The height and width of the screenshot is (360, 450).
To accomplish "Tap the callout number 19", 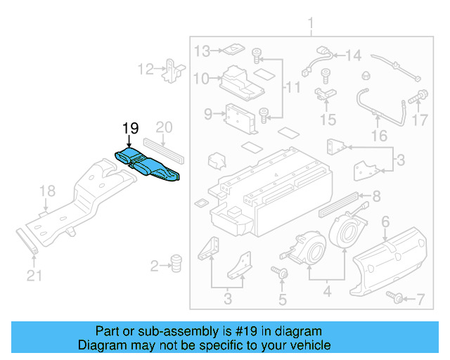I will (131, 128).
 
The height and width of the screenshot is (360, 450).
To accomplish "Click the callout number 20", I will (164, 127).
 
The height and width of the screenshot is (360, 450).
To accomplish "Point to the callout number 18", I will (46, 191).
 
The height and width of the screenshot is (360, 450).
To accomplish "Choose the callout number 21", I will (34, 276).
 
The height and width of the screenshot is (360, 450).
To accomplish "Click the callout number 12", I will (146, 69).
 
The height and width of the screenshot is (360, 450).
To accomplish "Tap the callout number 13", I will (202, 51).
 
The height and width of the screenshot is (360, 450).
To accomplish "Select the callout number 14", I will (352, 55).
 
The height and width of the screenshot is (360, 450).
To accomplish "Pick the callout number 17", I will (420, 120).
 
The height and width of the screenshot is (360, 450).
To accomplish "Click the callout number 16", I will (379, 135).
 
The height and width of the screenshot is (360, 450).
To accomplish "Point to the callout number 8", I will (376, 196).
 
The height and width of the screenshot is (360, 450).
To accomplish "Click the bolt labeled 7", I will (397, 300).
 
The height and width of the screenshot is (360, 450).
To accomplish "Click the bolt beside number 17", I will (421, 94).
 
